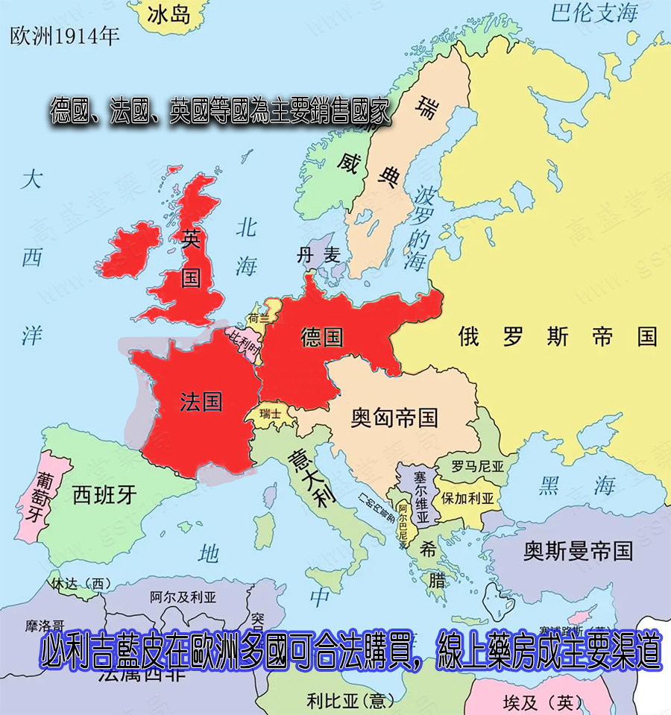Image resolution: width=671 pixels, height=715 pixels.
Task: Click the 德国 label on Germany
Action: pos(322,337)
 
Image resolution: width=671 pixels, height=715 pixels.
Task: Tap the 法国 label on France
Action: pos(201,401)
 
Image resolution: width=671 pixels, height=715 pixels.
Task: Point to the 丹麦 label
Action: pos(319,256)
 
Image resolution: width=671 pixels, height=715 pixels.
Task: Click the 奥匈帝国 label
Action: pos(394,418)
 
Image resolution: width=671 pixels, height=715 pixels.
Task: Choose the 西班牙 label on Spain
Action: pos(105,494)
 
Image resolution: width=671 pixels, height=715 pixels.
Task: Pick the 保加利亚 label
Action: pos(468,498)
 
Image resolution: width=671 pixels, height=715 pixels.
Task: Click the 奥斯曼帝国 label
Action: pos(578,552)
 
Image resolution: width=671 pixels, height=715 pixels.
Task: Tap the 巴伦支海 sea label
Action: pos(595,13)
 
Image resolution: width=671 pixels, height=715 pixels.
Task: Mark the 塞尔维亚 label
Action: pos(422,496)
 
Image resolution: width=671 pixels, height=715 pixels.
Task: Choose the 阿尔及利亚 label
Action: pos(183,596)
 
